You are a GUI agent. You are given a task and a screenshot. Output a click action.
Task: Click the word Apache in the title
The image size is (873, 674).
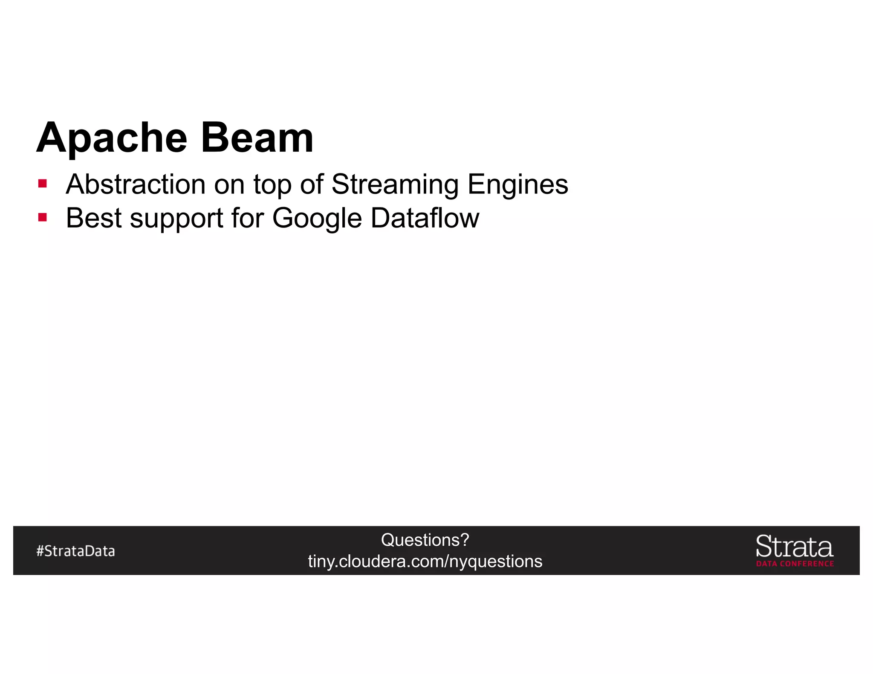coord(112,138)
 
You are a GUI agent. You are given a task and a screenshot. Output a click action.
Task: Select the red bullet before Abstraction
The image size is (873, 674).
coord(42,184)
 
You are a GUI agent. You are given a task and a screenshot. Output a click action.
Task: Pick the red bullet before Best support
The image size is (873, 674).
coord(42,218)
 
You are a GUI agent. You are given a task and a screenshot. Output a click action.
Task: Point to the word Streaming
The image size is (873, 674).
coord(395,185)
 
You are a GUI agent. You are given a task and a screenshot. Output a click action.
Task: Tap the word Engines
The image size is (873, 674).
coord(517,185)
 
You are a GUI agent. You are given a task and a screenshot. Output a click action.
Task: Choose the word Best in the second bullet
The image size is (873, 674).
coord(94,218)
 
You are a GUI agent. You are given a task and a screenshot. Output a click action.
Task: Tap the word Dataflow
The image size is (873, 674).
coord(425,218)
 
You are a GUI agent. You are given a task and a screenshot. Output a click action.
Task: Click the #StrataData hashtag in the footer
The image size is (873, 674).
coord(75,551)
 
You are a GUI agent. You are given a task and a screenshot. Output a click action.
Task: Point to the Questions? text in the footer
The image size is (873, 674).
coord(425,540)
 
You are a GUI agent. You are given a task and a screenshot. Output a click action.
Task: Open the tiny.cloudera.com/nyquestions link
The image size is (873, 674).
coord(425,561)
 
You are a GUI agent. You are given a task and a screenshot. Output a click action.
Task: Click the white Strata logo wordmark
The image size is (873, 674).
coord(795,546)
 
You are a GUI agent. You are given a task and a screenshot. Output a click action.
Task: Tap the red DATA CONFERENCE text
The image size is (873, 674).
coord(795,564)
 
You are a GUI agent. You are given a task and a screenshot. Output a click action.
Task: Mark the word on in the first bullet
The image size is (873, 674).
coord(229,185)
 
